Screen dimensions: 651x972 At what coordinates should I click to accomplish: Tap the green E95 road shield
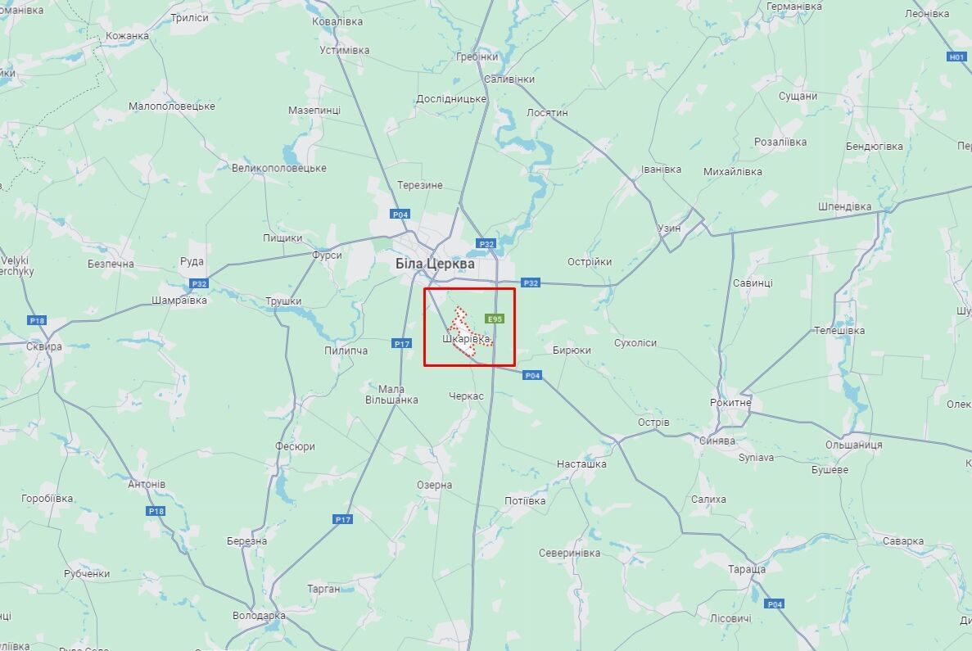[495, 319]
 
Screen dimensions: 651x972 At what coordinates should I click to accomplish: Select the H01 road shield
[956, 57]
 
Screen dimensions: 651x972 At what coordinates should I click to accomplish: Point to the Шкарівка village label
[467, 338]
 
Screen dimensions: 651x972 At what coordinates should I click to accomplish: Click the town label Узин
[669, 228]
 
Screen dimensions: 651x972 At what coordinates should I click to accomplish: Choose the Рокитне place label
[731, 403]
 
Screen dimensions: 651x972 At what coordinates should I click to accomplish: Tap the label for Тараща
[746, 568]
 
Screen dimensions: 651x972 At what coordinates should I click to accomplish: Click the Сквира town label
[43, 346]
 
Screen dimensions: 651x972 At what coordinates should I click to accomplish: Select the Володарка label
[259, 615]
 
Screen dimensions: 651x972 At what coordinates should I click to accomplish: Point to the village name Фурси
[327, 255]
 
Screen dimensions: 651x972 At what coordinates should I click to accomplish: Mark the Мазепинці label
[314, 110]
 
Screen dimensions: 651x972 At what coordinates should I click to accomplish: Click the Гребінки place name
[479, 57]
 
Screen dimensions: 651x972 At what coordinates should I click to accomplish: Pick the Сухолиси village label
[635, 342]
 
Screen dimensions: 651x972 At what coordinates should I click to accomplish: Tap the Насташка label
[581, 463]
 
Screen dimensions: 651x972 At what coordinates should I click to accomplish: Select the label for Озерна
[434, 485]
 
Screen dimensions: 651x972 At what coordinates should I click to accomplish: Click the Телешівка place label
[839, 331]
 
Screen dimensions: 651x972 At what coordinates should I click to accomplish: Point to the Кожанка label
[127, 35]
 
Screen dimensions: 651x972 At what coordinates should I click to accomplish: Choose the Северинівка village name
[569, 553]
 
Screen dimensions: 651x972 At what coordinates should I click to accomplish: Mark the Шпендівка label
[844, 206]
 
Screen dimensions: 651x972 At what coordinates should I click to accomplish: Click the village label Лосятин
[547, 112]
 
